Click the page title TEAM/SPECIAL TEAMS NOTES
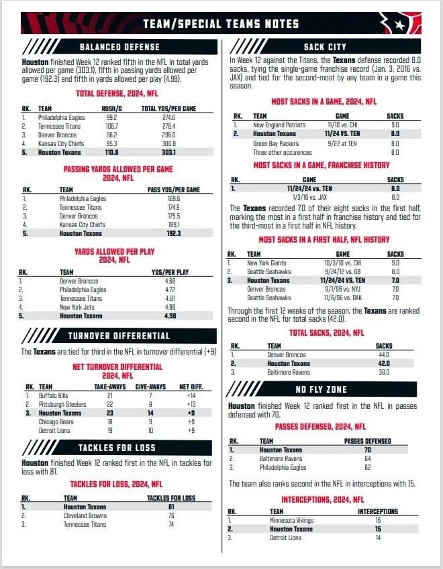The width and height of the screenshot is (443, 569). point(221,24)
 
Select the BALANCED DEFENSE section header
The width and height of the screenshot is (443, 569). point(119,47)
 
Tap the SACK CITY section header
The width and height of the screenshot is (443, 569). point(325,47)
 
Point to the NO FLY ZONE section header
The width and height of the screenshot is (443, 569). point(325,389)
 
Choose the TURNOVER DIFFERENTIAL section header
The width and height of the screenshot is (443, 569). point(119,336)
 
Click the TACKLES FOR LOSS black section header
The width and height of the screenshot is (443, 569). point(119,448)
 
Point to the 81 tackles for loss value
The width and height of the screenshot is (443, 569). point(170,507)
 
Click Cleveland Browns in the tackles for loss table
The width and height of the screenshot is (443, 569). point(87,516)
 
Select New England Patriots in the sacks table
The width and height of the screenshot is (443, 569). point(279,125)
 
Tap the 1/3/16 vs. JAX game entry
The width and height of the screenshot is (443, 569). point(309,197)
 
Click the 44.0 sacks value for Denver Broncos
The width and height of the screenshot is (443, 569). point(384,355)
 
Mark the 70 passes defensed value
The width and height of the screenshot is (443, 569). point(367,450)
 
